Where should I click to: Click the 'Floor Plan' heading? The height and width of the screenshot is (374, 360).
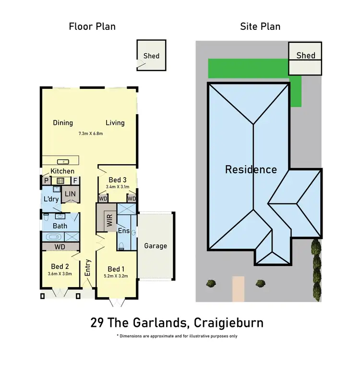pos(92,26)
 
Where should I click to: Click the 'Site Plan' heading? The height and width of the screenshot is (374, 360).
pos(260,26)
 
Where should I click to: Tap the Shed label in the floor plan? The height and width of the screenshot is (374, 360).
pos(151,56)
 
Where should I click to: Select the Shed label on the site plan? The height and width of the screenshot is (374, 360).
pos(305,55)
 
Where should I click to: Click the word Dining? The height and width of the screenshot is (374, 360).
pos(63,122)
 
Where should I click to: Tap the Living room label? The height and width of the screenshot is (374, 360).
pos(115,122)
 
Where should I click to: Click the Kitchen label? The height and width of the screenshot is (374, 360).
pos(62,171)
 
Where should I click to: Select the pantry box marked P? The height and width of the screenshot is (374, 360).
pos(47,181)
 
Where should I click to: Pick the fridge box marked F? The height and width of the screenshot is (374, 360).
pos(75,181)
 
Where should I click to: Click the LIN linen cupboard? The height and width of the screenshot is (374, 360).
pos(71,194)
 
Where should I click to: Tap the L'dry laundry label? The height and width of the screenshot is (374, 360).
pos(51,199)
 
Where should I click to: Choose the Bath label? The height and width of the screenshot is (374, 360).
pos(60,225)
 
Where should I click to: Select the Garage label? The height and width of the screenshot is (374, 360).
pos(156,246)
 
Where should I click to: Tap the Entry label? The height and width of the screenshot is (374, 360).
pos(88,267)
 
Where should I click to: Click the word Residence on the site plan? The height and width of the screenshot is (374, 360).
pos(251,169)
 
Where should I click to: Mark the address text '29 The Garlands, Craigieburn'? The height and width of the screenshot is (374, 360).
pos(177,322)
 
